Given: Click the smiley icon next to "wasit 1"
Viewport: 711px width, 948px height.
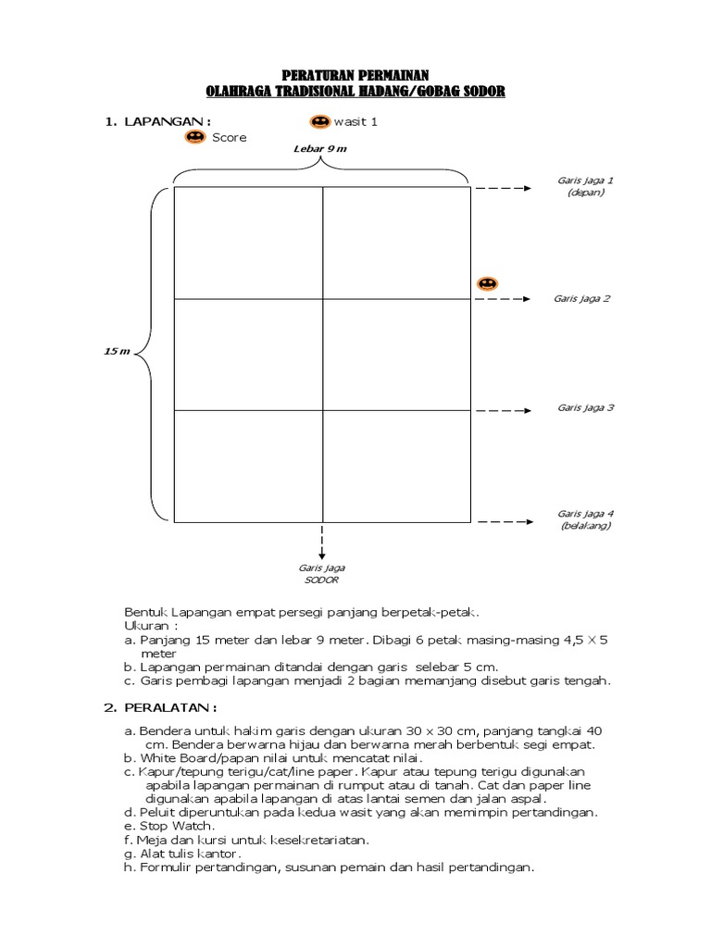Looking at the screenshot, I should click(319, 122).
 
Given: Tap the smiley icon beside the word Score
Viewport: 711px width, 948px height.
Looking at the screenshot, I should click(194, 137).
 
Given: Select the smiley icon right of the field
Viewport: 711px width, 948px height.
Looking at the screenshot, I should click(487, 283).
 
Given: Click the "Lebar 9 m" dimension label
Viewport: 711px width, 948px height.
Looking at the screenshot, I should click(320, 149).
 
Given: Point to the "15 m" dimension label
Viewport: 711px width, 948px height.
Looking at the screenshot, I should click(117, 353).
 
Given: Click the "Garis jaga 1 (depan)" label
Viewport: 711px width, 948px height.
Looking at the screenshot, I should click(585, 186).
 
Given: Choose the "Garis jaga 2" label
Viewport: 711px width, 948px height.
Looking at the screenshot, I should click(581, 299).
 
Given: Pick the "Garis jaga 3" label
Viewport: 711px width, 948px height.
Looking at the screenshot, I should click(586, 407).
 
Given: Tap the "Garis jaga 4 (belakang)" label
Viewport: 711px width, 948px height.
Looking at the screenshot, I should click(585, 518).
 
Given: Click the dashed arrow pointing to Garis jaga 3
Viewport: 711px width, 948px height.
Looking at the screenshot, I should click(507, 410).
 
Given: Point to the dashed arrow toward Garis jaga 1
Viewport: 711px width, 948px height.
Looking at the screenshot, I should click(507, 188).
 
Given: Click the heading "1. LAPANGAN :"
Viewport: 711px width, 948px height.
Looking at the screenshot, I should click(157, 121).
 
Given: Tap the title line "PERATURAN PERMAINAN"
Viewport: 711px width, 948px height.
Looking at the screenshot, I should click(355, 76).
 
